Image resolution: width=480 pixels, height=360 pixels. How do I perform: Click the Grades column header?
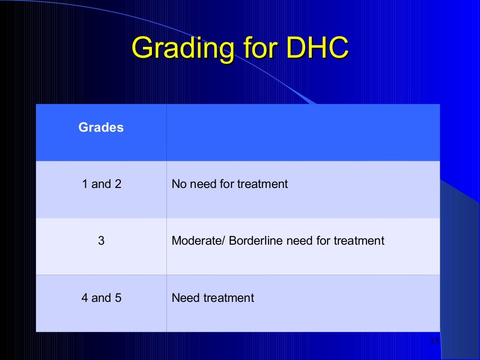[x=101, y=127]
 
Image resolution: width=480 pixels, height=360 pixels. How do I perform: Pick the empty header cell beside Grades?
[x=303, y=133]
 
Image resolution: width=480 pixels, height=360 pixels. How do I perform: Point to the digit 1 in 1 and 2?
[x=85, y=184]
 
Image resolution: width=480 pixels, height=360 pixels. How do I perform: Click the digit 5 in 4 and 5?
[x=118, y=298]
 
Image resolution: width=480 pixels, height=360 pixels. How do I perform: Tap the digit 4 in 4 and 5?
[x=85, y=298]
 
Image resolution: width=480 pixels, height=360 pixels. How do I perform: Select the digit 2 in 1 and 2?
[x=118, y=184]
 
